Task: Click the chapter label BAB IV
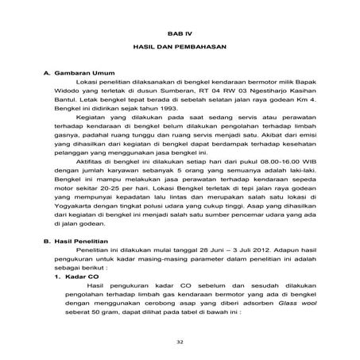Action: (x=179, y=32)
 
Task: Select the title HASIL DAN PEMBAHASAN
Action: (x=179, y=48)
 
